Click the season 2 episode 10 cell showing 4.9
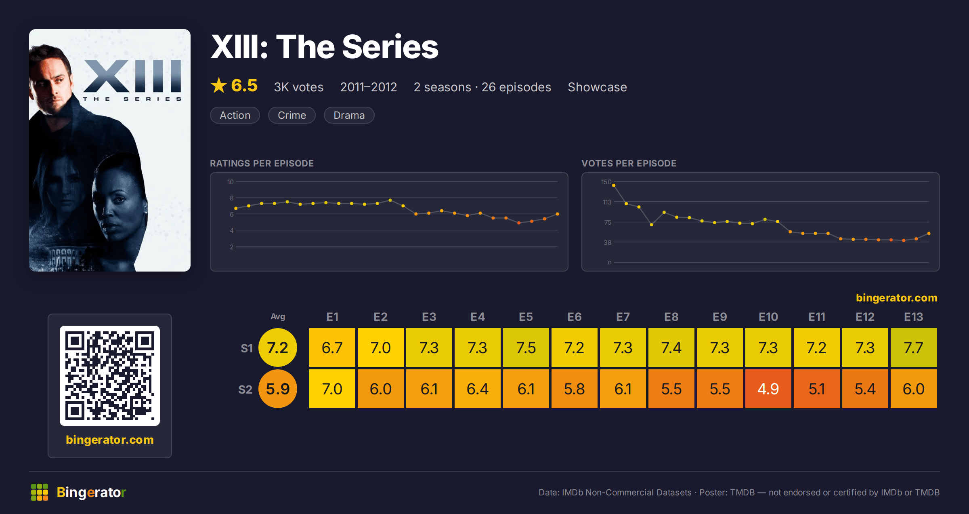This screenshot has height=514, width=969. point(768,389)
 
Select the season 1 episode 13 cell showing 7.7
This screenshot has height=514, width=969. point(913,348)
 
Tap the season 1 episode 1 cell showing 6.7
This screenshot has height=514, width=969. point(332,348)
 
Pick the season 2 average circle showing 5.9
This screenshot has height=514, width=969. point(278,389)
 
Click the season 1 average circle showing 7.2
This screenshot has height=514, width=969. point(278,348)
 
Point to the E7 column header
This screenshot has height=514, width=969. point(623,317)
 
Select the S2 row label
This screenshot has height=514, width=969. point(245,390)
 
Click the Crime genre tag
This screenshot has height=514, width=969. point(292,115)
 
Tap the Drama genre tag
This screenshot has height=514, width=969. point(349,115)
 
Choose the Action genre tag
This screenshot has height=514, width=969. point(235,115)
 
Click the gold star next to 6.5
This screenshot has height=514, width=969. point(219,85)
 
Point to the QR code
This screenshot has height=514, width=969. point(110,376)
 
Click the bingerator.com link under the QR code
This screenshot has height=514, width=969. point(110,440)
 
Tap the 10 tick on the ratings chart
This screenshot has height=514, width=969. point(231,182)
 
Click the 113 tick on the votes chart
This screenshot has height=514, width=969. point(607,202)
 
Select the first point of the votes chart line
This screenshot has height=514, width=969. point(614,185)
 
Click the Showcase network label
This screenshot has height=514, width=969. point(597,87)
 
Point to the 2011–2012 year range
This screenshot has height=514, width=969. point(369,87)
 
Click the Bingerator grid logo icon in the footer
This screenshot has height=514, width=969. point(40,492)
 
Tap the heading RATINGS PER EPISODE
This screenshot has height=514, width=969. point(262,163)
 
